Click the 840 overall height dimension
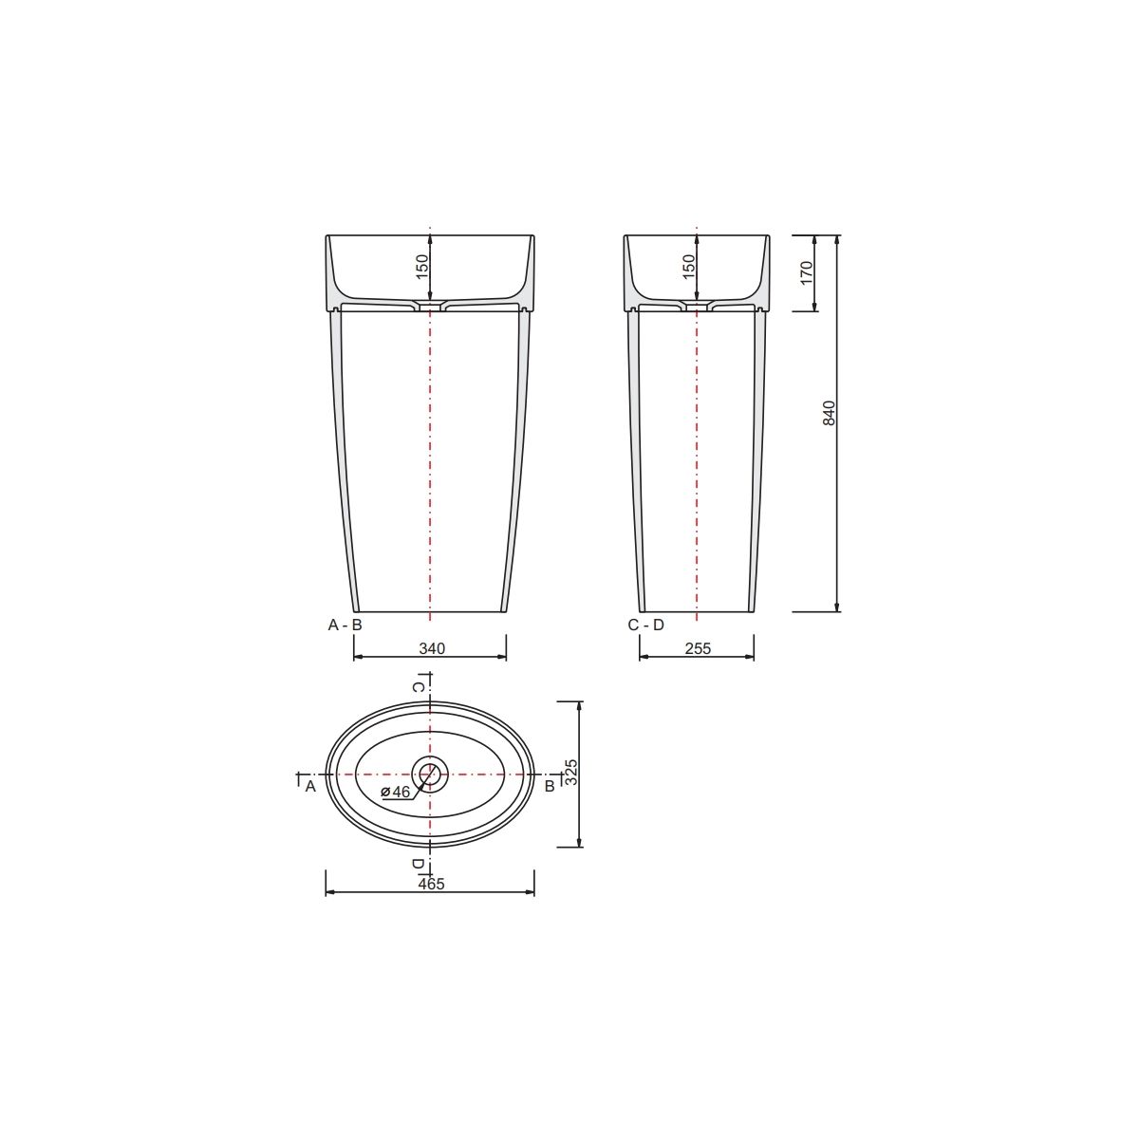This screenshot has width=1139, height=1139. [x=830, y=413]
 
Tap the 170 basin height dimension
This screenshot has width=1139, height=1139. [x=807, y=272]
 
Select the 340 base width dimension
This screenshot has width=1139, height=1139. [x=432, y=648]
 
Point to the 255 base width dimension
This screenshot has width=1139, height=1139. [x=698, y=648]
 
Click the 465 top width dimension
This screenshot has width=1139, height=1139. [x=431, y=884]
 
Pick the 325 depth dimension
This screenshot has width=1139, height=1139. [x=571, y=772]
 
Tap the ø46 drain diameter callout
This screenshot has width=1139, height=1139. [x=396, y=792]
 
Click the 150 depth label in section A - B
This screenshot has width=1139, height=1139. [x=422, y=267]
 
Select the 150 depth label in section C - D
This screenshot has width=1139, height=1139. [x=689, y=267]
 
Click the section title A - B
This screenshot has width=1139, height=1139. [x=345, y=625]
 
